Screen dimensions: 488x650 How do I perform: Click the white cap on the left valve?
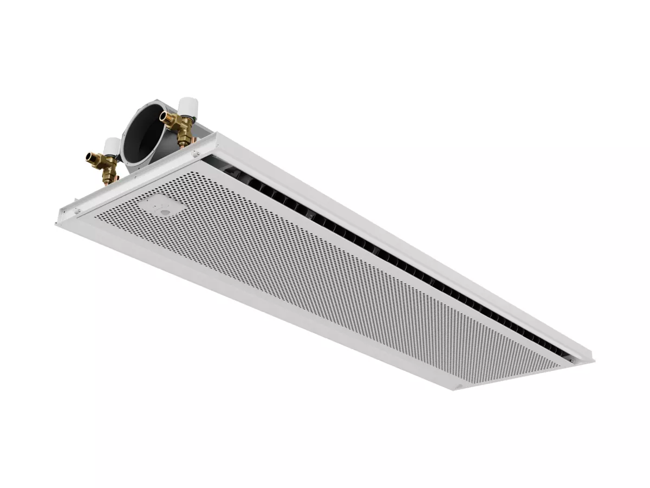click(112, 144)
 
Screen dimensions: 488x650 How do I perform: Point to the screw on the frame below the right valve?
click(194, 155)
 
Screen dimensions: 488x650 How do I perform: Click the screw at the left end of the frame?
click(76, 211)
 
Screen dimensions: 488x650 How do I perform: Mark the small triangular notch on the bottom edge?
click(459, 386)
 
